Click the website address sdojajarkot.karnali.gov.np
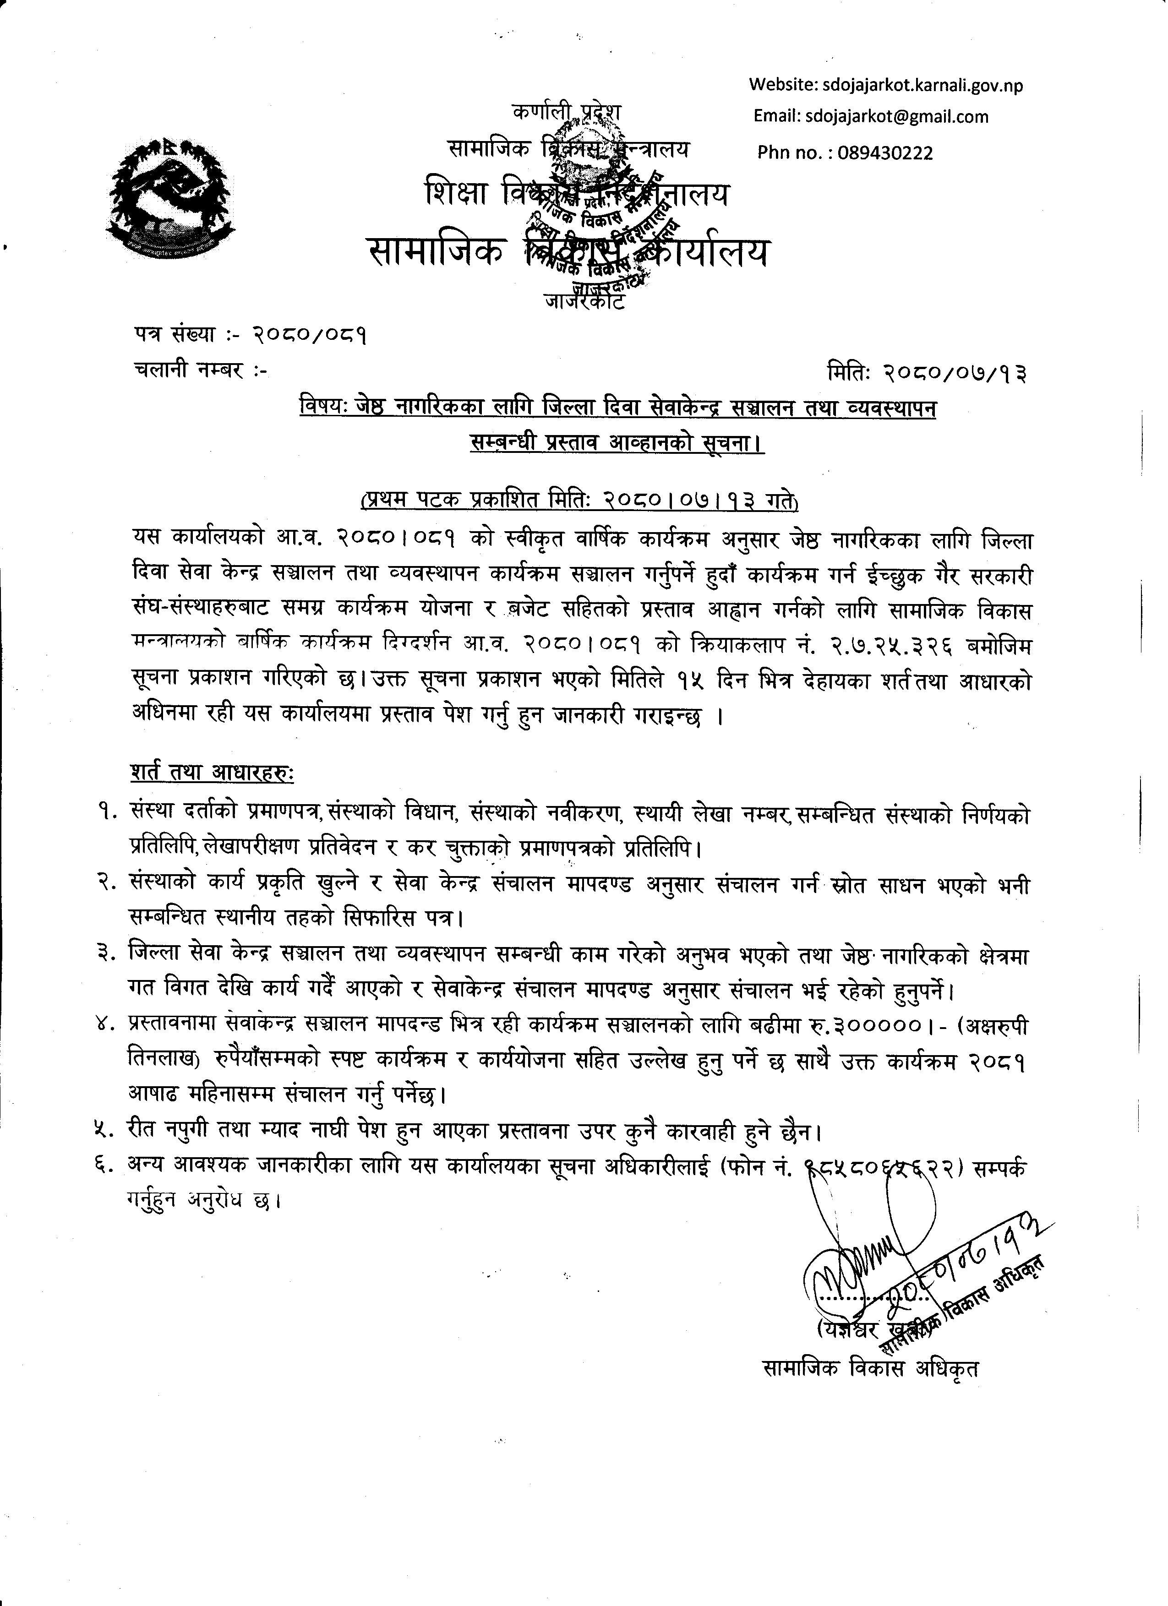pyautogui.click(x=923, y=86)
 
